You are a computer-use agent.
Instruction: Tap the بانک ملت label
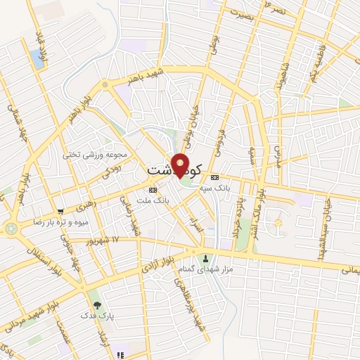[x=158, y=200]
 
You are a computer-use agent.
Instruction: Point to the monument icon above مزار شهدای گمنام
[x=206, y=259]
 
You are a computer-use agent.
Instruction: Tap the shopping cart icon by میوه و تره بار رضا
[x=61, y=210]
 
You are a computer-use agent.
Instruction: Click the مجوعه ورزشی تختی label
[x=96, y=154]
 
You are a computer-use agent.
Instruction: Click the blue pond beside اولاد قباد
[x=35, y=59]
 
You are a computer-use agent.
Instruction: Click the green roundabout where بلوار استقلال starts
[x=12, y=228]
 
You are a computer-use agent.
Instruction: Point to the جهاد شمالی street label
[x=13, y=124]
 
